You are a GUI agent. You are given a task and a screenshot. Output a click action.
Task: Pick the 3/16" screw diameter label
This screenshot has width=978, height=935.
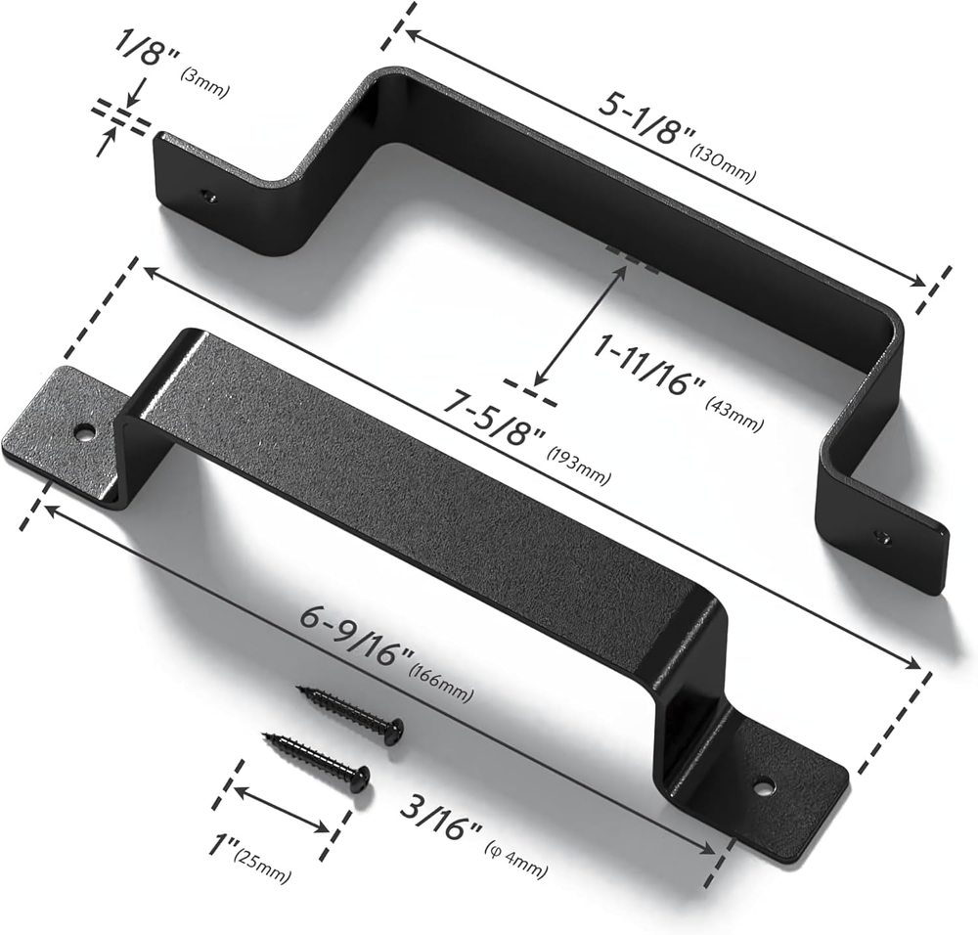442,813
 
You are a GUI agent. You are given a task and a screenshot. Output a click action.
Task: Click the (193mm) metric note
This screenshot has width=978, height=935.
578,465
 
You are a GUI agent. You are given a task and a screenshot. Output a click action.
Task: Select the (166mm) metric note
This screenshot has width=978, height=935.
440,683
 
